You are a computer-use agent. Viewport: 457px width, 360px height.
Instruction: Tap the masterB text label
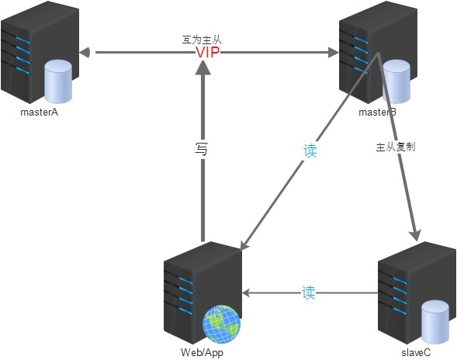pos(377,113)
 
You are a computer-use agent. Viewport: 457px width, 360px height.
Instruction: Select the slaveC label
pos(417,352)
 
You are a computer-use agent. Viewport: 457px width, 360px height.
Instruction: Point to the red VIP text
pos(208,53)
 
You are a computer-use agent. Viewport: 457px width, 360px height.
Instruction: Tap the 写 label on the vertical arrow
pos(202,147)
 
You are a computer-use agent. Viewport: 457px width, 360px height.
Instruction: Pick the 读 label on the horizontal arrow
pos(309,293)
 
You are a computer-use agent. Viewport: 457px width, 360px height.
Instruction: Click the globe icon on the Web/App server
pos(220,324)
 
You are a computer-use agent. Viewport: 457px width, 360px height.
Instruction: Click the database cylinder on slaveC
pos(435,321)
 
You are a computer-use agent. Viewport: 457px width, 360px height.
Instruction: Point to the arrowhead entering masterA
pos(86,53)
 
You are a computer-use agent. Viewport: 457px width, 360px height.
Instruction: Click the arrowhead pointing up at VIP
pos(203,70)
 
